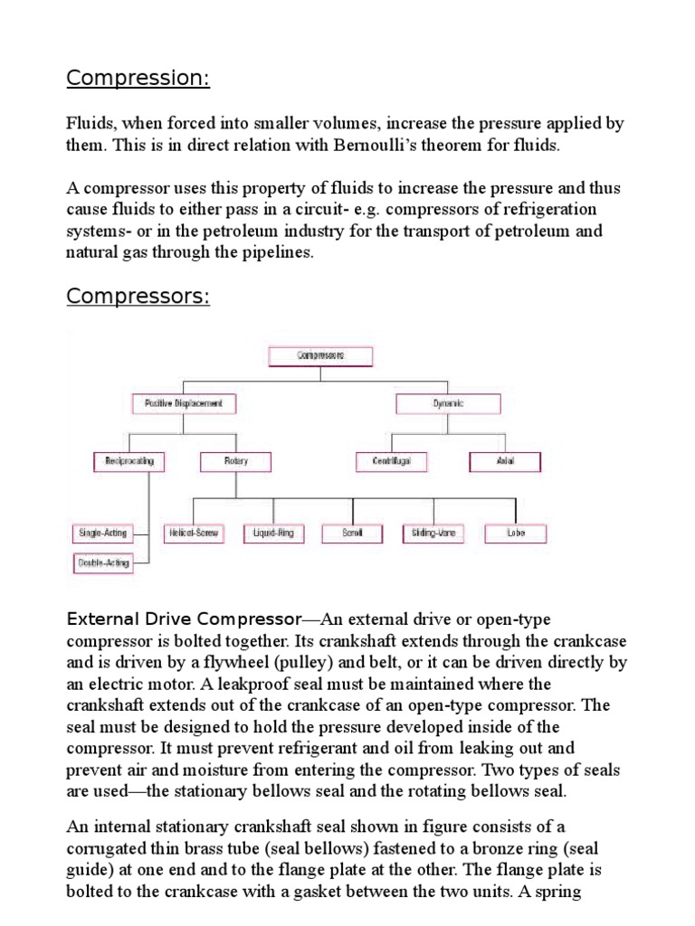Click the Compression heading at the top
[138, 79]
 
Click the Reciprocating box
[129, 461]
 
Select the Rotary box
[236, 461]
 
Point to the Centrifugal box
[390, 461]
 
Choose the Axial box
[505, 461]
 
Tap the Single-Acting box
[102, 534]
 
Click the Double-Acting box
[102, 562]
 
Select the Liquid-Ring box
[270, 534]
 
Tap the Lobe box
[516, 534]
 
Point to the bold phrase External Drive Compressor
[184, 619]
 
